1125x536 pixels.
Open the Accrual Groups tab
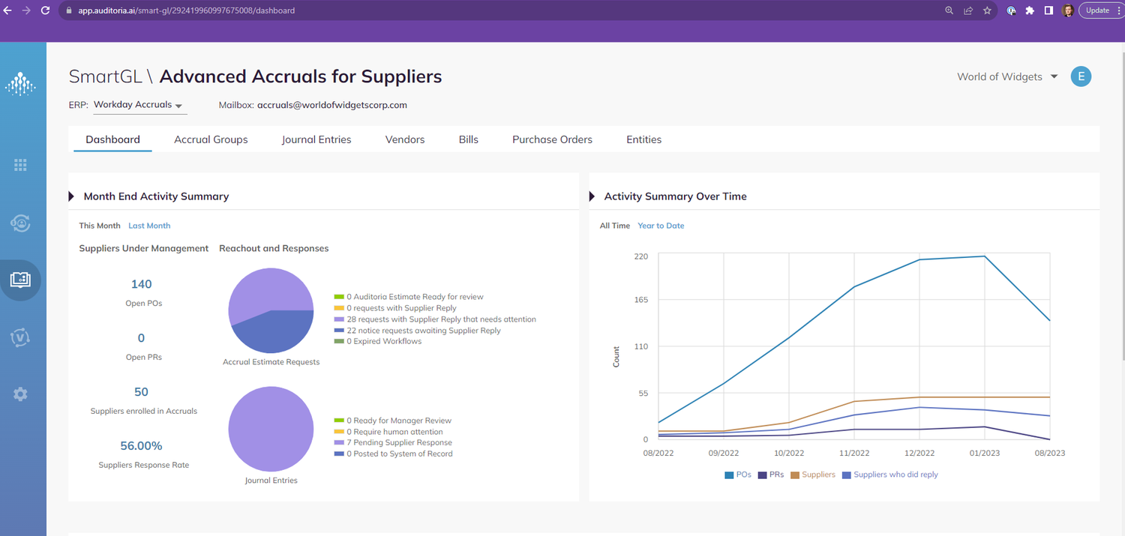click(211, 139)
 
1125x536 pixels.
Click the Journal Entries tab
click(316, 139)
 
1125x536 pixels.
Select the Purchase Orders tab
click(552, 139)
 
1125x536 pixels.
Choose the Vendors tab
click(405, 139)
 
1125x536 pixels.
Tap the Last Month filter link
click(149, 226)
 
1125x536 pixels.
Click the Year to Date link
click(661, 226)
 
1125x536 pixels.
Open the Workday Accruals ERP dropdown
click(139, 105)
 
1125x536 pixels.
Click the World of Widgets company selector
click(1006, 76)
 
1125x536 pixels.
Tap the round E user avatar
click(1081, 76)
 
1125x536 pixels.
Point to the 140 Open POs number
click(141, 284)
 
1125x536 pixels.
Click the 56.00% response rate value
click(141, 446)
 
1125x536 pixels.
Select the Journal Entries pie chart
click(271, 429)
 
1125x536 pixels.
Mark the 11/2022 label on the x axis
click(854, 453)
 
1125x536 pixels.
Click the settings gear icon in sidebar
click(20, 394)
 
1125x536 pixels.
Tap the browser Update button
click(1097, 10)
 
